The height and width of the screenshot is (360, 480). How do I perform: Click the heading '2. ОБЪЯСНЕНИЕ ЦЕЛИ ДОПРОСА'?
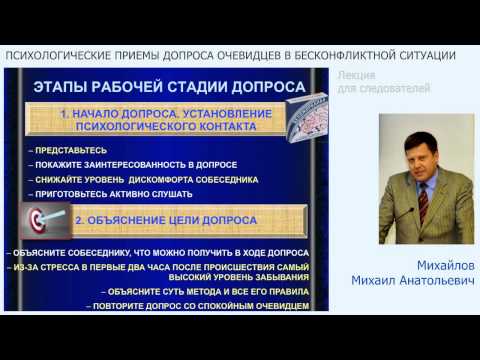(x=171, y=219)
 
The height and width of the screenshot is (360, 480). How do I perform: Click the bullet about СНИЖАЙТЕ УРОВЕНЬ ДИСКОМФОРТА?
(x=144, y=180)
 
